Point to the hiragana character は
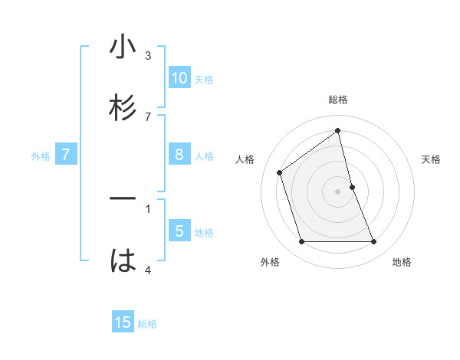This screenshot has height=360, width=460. pyautogui.click(x=123, y=260)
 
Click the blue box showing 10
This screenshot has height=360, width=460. pyautogui.click(x=179, y=78)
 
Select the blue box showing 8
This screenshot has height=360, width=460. pyautogui.click(x=179, y=155)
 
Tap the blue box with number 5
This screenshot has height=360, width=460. pyautogui.click(x=179, y=231)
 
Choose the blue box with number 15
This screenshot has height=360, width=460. pyautogui.click(x=123, y=322)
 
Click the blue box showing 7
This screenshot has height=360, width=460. pyautogui.click(x=66, y=155)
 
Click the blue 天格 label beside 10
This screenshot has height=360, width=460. pyautogui.click(x=204, y=80)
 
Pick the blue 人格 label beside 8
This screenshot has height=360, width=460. pyautogui.click(x=204, y=156)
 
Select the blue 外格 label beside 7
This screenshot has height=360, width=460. pyautogui.click(x=41, y=156)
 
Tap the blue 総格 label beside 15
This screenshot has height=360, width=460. pyautogui.click(x=147, y=324)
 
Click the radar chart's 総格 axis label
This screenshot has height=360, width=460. pyautogui.click(x=338, y=100)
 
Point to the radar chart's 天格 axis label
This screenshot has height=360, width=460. pyautogui.click(x=432, y=159)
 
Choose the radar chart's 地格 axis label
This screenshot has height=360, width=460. pyautogui.click(x=402, y=262)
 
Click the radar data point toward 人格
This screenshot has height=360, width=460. pyautogui.click(x=279, y=172)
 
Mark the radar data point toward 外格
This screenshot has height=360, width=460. pyautogui.click(x=302, y=242)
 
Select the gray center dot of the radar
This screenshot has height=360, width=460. pyautogui.click(x=338, y=191)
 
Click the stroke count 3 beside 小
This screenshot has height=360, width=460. pyautogui.click(x=148, y=56)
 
